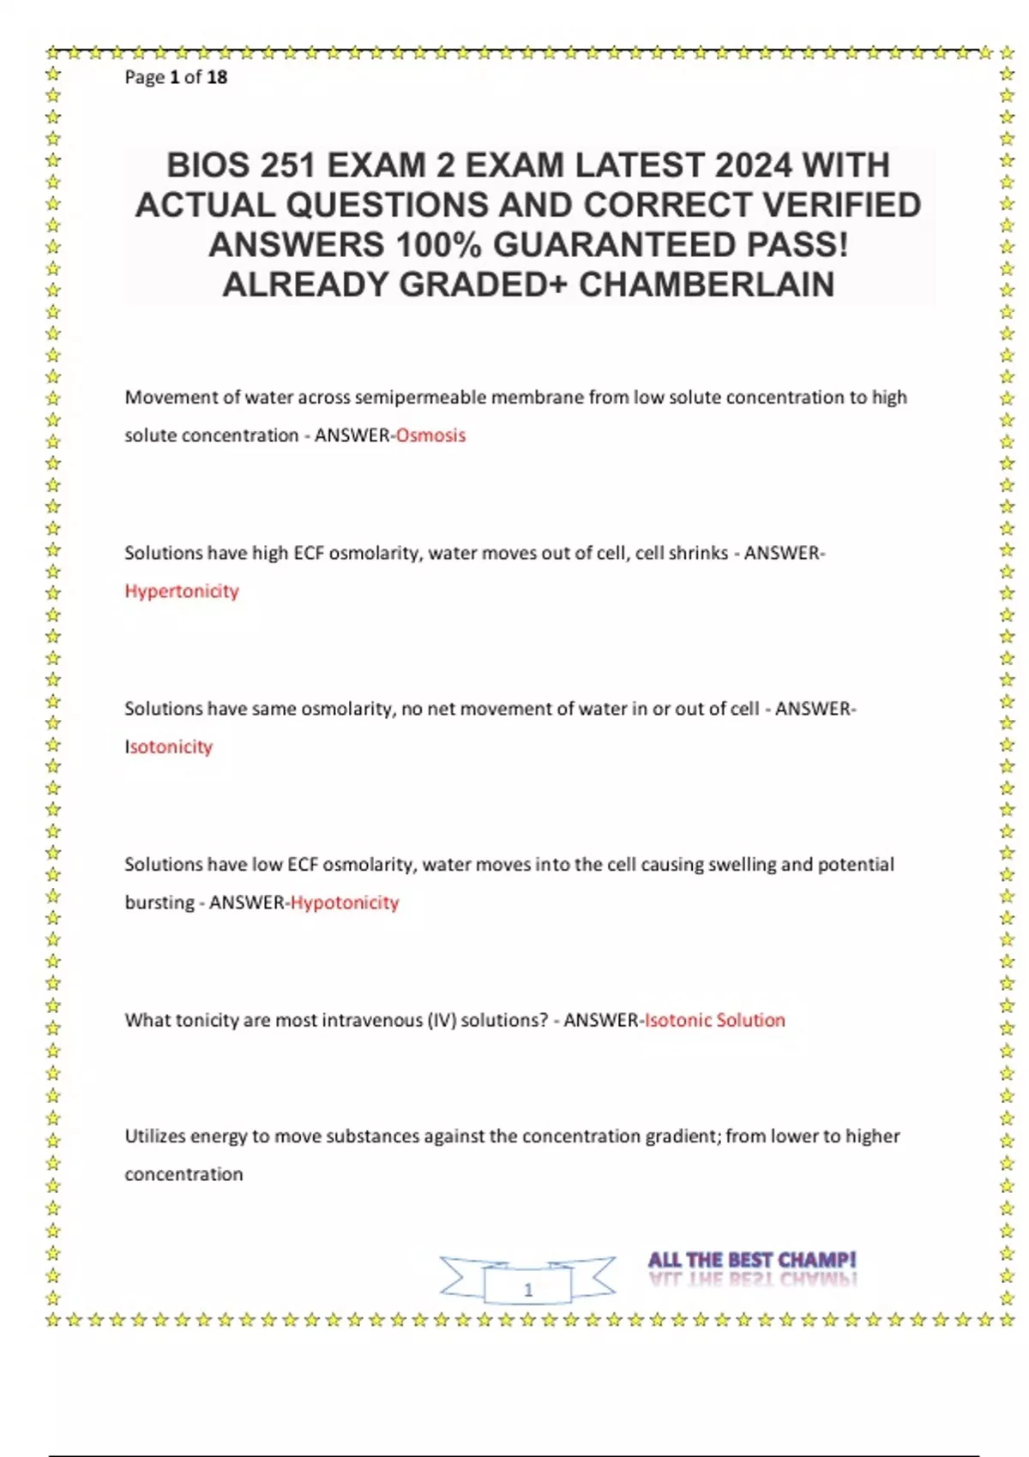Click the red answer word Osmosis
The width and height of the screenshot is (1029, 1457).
[430, 435]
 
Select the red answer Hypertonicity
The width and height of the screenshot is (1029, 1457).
[182, 591]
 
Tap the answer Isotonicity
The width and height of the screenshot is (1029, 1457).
[169, 747]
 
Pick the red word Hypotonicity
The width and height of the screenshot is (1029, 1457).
[345, 902]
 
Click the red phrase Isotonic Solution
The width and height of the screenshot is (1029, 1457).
[715, 1021]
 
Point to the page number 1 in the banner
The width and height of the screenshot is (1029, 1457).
[528, 1289]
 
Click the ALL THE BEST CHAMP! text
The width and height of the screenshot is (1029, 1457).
[752, 1261]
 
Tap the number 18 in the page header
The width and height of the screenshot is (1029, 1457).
[217, 77]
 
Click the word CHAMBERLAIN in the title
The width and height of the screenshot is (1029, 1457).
[707, 285]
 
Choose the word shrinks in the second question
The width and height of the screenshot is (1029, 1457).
[699, 554]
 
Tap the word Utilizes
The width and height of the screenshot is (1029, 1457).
[154, 1136]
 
